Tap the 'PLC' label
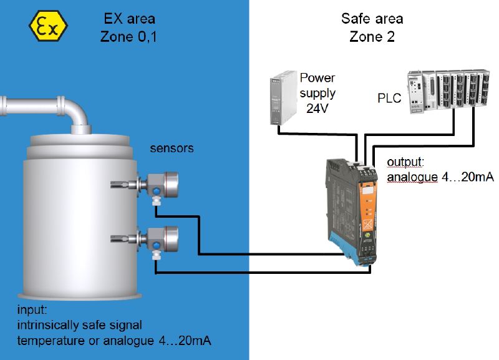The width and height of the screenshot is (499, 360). click(389, 99)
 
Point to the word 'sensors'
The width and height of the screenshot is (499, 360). click(172, 148)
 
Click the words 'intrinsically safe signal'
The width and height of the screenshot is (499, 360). click(80, 324)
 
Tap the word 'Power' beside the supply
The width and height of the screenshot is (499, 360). click(317, 78)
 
